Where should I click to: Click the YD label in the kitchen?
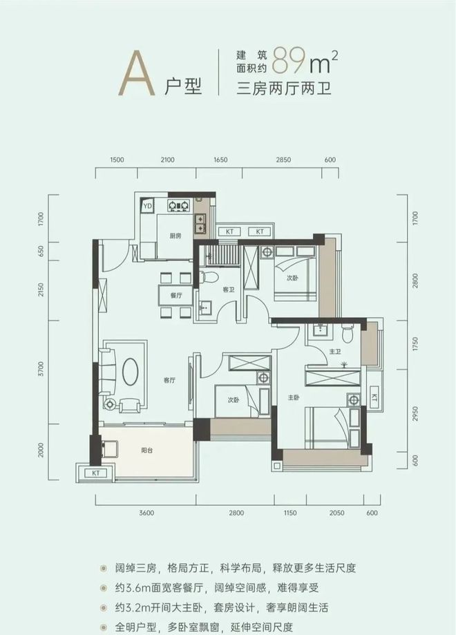(147, 206)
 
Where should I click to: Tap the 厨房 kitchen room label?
(175, 236)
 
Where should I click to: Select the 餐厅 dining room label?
(176, 295)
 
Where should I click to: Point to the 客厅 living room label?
(169, 380)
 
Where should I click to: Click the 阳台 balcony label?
(147, 450)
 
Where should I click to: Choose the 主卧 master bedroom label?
(294, 398)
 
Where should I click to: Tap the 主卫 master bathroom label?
(335, 352)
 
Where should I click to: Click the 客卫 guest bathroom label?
(229, 290)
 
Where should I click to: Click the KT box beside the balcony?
(96, 473)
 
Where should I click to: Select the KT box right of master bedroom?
(374, 396)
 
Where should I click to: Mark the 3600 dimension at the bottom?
(146, 513)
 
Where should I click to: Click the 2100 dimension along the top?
(167, 160)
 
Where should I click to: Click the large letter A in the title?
(137, 73)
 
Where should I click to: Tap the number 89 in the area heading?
(289, 61)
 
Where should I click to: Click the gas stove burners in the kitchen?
(179, 206)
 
